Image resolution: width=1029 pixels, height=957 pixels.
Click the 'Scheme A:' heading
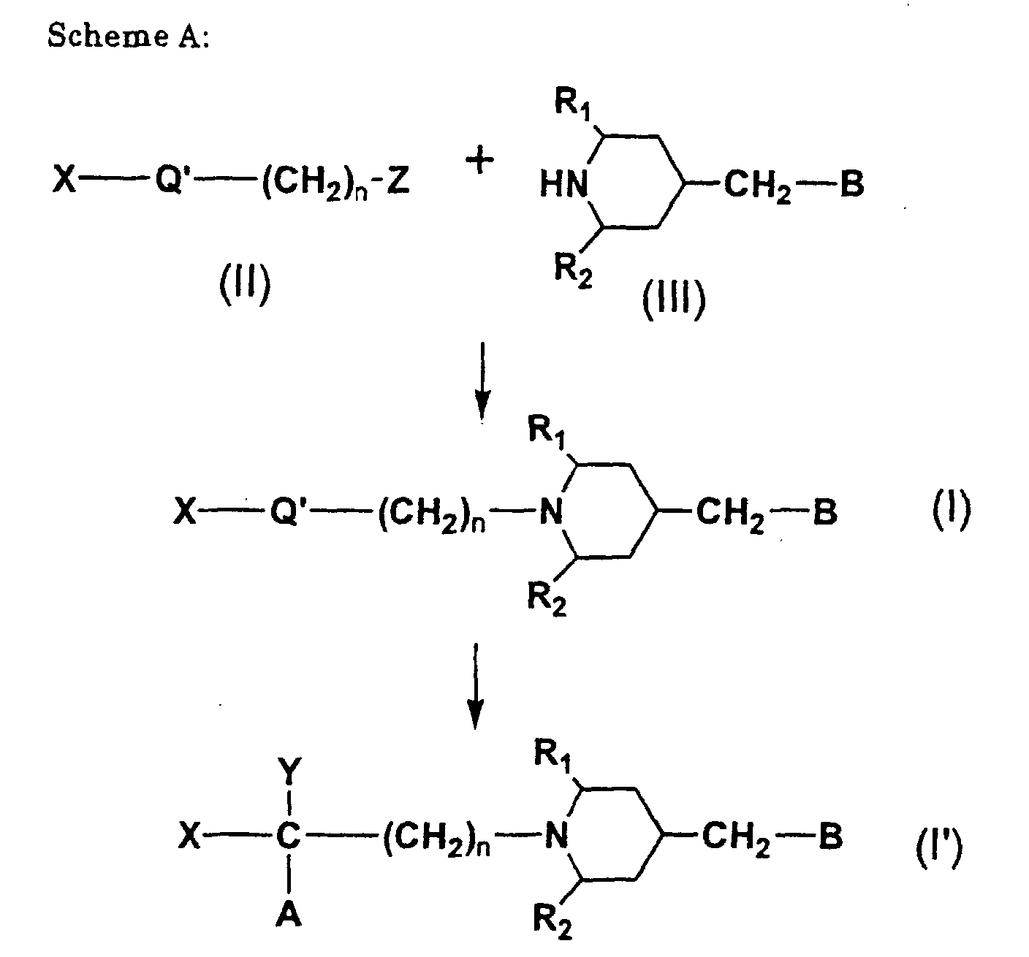click(129, 37)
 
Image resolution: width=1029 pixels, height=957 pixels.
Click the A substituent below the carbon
click(290, 912)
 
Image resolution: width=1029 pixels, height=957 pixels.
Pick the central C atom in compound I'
click(290, 837)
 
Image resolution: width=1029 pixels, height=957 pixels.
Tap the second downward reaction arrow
click(475, 685)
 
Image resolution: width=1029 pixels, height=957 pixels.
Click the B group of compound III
click(851, 185)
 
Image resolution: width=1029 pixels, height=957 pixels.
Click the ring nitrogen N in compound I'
click(557, 837)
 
